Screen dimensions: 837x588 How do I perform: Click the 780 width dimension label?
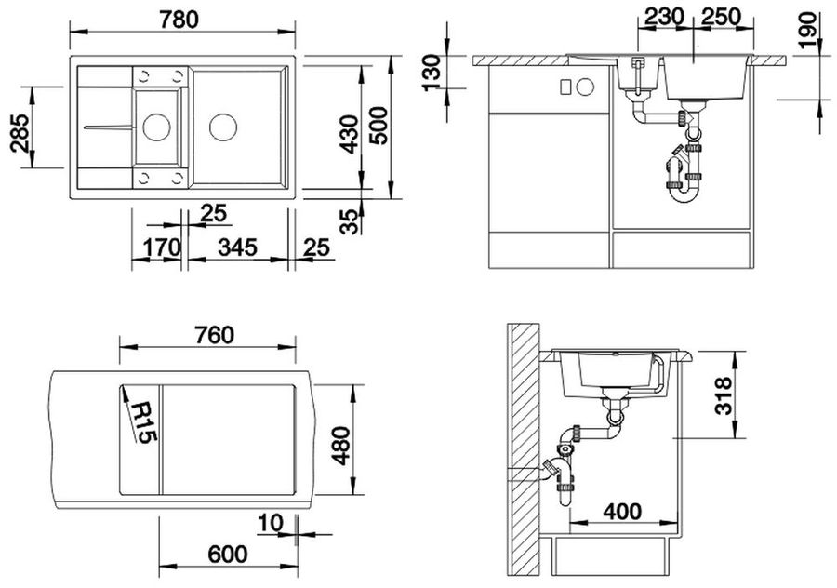tap(179, 20)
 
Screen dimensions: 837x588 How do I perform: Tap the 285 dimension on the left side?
tap(20, 132)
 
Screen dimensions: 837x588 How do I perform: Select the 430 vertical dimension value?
tap(350, 134)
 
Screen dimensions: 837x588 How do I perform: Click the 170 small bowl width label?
tap(162, 247)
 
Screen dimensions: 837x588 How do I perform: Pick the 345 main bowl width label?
tap(237, 247)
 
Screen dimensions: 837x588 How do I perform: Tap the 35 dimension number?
tap(350, 221)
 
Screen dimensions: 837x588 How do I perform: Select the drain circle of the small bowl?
tap(156, 127)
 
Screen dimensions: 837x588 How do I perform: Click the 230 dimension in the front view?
tap(663, 17)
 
